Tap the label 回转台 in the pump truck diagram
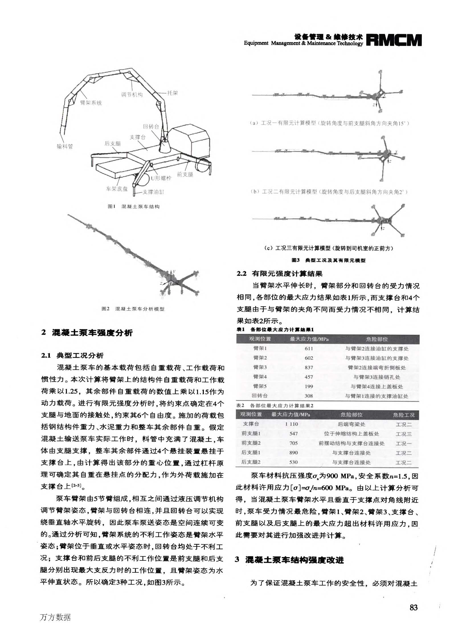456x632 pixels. (151, 126)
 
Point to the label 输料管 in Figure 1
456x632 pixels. (65, 147)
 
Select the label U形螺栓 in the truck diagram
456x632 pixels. (161, 178)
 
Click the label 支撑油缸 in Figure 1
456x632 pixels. (153, 192)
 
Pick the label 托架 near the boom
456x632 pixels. (172, 93)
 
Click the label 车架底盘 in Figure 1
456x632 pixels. (117, 189)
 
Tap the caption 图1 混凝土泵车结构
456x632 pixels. (134, 206)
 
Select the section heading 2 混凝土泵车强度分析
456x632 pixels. (87, 333)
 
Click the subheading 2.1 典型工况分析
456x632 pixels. (72, 355)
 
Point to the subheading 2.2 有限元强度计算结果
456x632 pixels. (280, 274)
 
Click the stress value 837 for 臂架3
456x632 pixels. (309, 367)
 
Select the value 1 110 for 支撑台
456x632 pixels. (291, 424)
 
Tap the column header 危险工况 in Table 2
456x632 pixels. (404, 415)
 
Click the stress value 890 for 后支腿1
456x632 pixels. (293, 452)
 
